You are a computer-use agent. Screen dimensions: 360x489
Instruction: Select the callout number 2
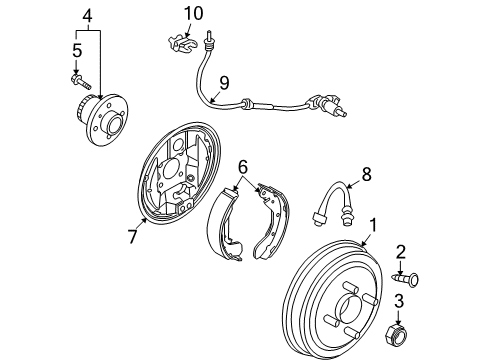pos(400,251)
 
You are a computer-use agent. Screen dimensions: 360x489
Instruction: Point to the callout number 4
pos(88,15)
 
